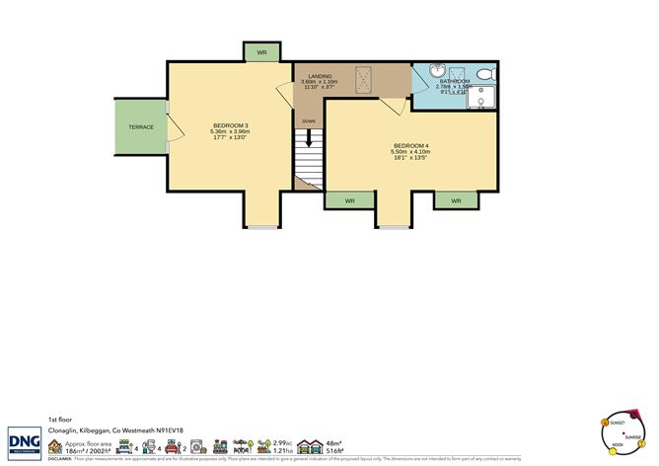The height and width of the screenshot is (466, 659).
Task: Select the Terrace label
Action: click(139, 127)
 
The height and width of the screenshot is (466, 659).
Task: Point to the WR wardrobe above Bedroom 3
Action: click(262, 52)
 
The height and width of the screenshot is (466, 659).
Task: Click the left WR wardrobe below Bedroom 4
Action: click(349, 200)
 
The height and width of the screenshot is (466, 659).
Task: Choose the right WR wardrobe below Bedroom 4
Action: click(456, 200)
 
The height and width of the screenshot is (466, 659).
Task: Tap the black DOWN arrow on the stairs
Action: click(309, 143)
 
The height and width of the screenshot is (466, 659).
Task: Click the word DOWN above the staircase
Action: click(309, 121)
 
